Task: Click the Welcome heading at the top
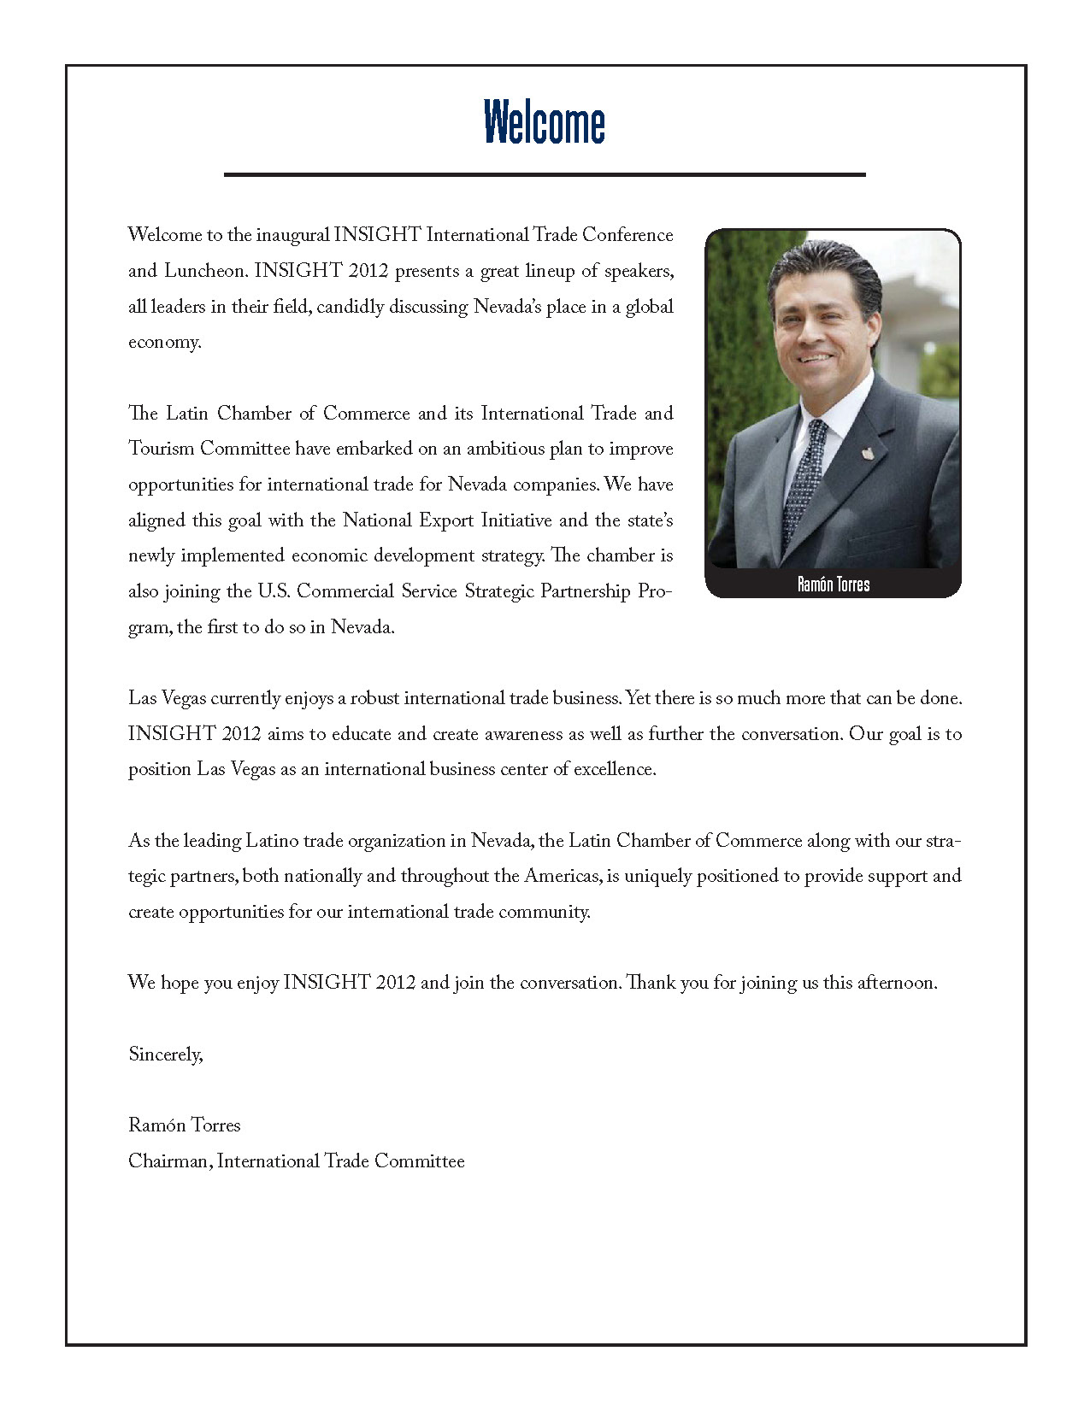(x=545, y=122)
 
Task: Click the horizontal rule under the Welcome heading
(x=545, y=174)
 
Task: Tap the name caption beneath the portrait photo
(x=833, y=585)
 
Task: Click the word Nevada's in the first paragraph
(x=509, y=307)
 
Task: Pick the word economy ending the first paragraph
(x=164, y=343)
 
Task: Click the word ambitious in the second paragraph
(x=505, y=449)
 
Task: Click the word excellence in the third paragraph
(x=614, y=769)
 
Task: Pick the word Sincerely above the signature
(x=165, y=1055)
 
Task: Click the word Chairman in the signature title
(x=169, y=1161)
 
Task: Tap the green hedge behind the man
(x=740, y=342)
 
